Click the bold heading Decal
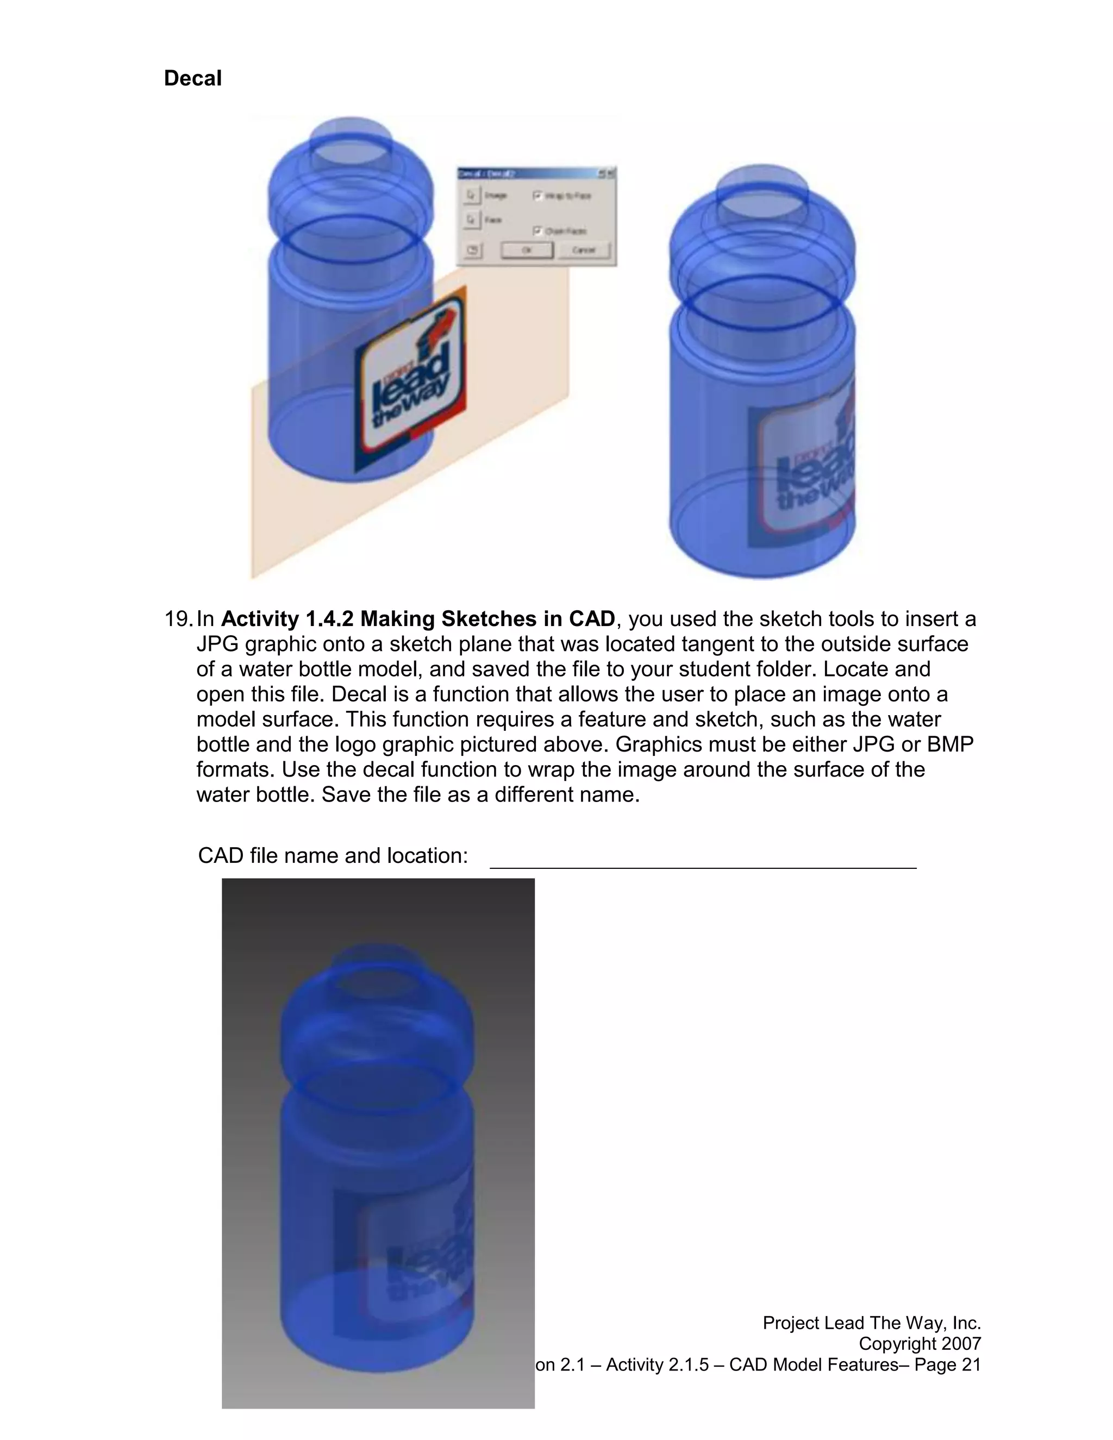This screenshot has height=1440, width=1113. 192,78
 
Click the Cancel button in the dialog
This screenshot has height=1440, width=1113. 584,251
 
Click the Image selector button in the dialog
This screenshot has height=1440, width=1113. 471,196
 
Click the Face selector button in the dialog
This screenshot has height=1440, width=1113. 471,220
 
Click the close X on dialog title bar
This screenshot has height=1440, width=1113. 610,174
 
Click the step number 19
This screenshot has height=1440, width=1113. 178,619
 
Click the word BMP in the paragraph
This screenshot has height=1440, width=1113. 949,744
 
